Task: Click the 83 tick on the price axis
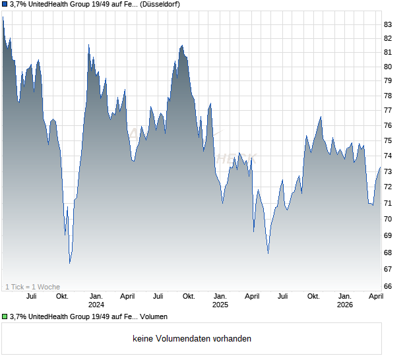pos(388,24)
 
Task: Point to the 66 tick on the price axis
pos(388,286)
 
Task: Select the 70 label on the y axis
pos(388,219)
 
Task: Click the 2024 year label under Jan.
pos(96,305)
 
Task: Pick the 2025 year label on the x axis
pos(220,305)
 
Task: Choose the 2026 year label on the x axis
pos(344,305)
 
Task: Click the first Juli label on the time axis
pos(31,297)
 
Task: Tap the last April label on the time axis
pos(375,297)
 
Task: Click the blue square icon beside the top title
pos(5,5)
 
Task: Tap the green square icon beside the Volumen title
pos(5,317)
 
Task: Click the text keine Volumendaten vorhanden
pos(192,339)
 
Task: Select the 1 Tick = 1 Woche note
pos(32,287)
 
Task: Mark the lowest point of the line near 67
pos(70,263)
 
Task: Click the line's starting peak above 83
pos(3,16)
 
